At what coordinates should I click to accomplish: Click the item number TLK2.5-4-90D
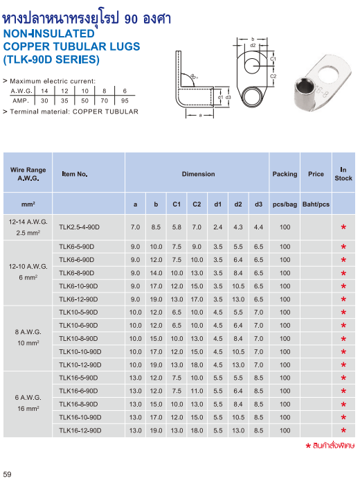click(x=80, y=227)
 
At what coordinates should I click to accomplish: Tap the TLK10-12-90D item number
click(x=80, y=365)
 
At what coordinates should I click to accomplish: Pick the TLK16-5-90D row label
click(x=78, y=378)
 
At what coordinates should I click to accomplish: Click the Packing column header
click(x=285, y=174)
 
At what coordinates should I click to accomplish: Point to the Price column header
click(x=316, y=174)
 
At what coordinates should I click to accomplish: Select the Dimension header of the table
click(x=198, y=174)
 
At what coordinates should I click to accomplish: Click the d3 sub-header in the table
click(x=259, y=204)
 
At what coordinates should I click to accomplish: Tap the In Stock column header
click(x=343, y=174)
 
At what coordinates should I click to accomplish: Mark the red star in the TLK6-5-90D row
click(x=343, y=247)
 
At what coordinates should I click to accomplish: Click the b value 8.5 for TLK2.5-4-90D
click(x=156, y=227)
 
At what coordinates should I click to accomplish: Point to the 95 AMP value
click(x=125, y=100)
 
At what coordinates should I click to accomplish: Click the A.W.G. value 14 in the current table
click(x=45, y=91)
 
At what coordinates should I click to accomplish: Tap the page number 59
click(x=8, y=474)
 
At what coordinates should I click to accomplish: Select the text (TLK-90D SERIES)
click(x=52, y=60)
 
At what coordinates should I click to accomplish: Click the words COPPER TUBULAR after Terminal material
click(x=111, y=112)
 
